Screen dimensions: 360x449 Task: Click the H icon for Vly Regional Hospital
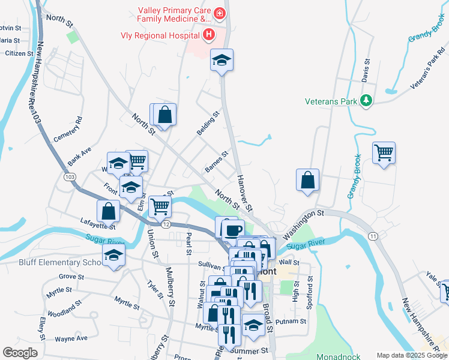208,35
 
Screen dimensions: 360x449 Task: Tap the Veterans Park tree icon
366,100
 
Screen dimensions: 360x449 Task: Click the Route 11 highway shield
373,237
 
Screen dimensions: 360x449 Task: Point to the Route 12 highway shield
166,223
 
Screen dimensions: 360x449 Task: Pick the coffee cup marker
233,229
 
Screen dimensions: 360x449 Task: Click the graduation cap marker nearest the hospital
221,60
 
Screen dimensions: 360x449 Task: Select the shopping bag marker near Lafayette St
109,212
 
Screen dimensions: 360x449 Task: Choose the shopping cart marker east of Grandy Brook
384,152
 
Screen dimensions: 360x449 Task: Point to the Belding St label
208,123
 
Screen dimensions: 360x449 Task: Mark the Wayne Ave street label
71,338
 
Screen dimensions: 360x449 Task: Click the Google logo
20,353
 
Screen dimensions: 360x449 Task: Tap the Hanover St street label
244,194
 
